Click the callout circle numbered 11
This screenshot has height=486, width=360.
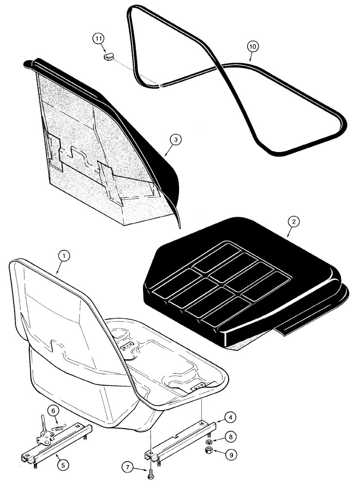tap(99, 37)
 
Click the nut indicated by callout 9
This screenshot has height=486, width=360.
tap(208, 452)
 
